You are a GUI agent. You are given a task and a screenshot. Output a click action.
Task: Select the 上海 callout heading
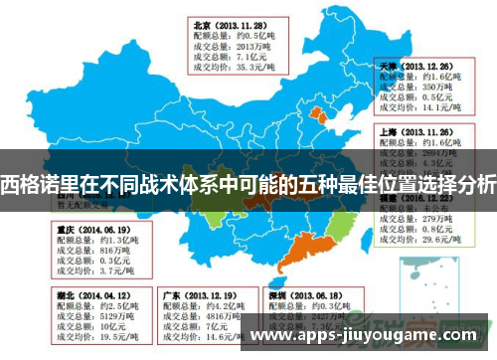click(389, 130)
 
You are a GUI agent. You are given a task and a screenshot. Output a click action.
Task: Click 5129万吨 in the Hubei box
click(94, 316)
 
